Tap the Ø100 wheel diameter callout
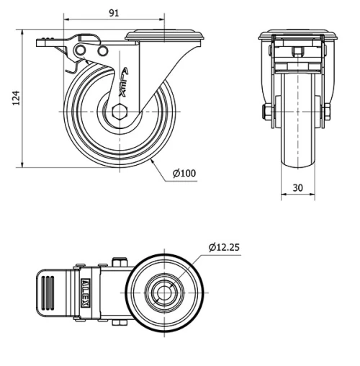tap(184, 173)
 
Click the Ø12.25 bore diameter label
tap(223, 247)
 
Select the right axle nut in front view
tap(326, 112)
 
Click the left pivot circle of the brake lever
tap(81, 49)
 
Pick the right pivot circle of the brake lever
tap(102, 50)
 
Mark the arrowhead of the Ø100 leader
tap(153, 161)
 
